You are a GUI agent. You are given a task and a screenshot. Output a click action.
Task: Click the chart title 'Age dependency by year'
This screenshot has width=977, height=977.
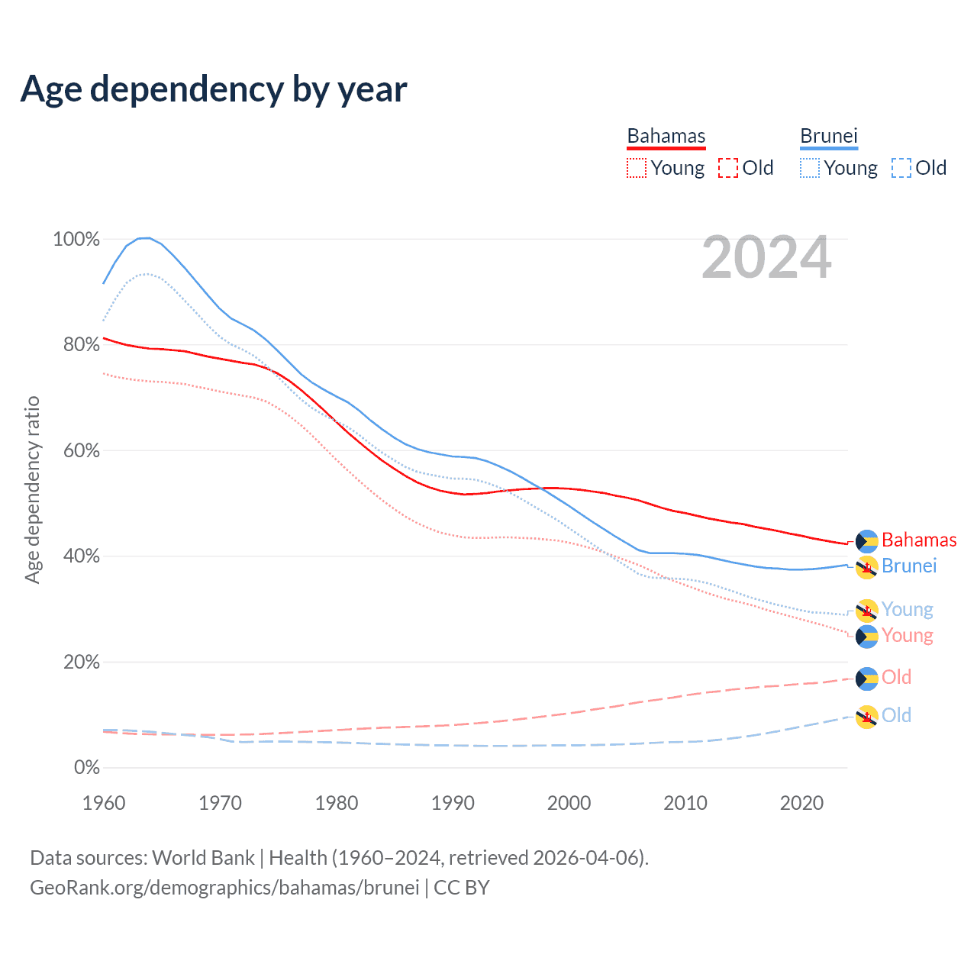click(x=214, y=89)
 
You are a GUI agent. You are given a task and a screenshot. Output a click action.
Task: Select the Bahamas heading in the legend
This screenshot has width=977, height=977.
click(x=666, y=136)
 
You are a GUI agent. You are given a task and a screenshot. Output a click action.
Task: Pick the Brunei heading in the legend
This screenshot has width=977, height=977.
click(x=829, y=136)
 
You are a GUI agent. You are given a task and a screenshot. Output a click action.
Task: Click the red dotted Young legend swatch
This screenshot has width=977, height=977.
click(x=636, y=168)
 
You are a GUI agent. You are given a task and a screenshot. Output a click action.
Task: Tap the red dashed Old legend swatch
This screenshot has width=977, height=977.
click(x=728, y=168)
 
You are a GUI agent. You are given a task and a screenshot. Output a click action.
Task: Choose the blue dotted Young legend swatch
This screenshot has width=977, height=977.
click(x=810, y=168)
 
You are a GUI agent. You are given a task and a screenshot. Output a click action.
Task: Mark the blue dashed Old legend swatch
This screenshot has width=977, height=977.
click(x=901, y=168)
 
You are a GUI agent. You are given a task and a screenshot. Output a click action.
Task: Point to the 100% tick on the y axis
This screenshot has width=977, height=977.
click(x=76, y=240)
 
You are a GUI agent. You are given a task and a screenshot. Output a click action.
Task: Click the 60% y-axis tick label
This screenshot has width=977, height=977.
click(x=81, y=450)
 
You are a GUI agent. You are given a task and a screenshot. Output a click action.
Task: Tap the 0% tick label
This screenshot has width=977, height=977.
click(x=87, y=768)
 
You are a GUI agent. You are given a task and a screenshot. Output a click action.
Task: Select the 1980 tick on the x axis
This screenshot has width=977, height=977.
click(x=337, y=803)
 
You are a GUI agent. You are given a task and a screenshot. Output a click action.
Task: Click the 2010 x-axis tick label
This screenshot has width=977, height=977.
click(x=685, y=803)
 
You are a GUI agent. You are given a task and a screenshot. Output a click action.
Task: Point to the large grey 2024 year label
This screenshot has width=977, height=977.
click(x=766, y=258)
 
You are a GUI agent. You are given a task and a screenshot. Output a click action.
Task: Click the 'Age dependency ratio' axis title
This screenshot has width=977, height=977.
click(x=32, y=489)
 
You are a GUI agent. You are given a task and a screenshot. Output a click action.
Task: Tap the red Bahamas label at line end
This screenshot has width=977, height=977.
click(x=919, y=540)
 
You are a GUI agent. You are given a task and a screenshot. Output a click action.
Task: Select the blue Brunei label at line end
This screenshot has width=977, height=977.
click(x=909, y=566)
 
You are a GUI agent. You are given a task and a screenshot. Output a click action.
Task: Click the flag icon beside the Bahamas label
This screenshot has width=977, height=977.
click(x=866, y=541)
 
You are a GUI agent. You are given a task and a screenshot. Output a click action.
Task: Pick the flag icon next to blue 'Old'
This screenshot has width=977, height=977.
click(x=866, y=717)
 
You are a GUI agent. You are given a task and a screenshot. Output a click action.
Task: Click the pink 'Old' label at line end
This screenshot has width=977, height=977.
click(x=897, y=678)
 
